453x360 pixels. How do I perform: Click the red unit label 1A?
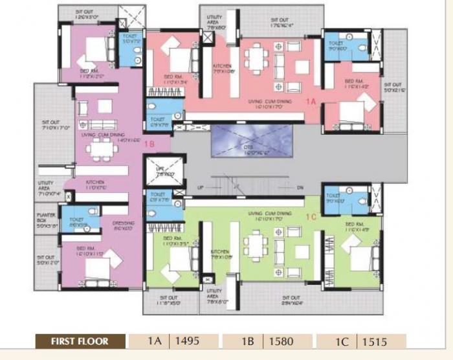(x=310, y=102)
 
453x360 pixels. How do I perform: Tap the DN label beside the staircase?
(x=299, y=187)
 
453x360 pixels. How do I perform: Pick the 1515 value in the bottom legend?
(x=375, y=341)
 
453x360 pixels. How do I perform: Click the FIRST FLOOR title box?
(x=80, y=341)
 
